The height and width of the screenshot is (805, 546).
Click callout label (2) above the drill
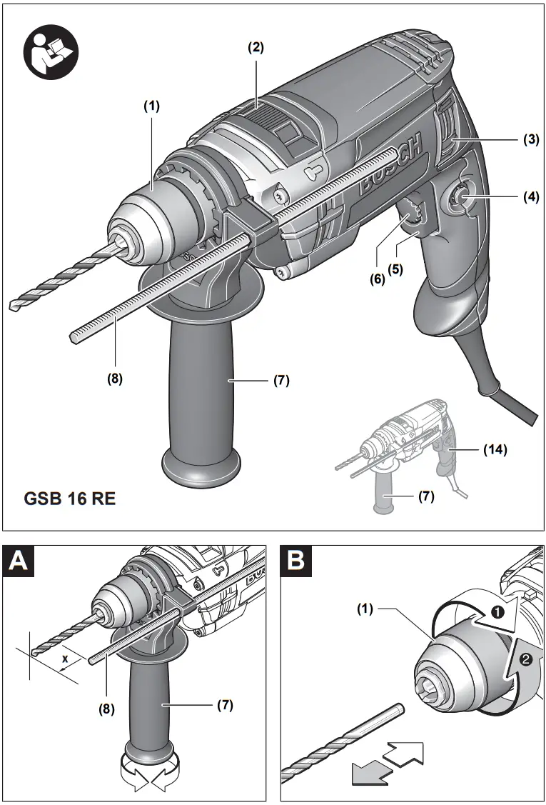256,48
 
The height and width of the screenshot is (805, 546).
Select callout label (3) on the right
529,139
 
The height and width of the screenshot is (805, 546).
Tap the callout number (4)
529,196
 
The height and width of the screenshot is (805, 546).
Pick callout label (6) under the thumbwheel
377,279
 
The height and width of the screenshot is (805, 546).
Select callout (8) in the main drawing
113,379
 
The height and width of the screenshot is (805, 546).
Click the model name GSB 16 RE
69,498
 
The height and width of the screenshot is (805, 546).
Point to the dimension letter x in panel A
65,659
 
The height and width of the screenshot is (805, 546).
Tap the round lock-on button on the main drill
457,197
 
